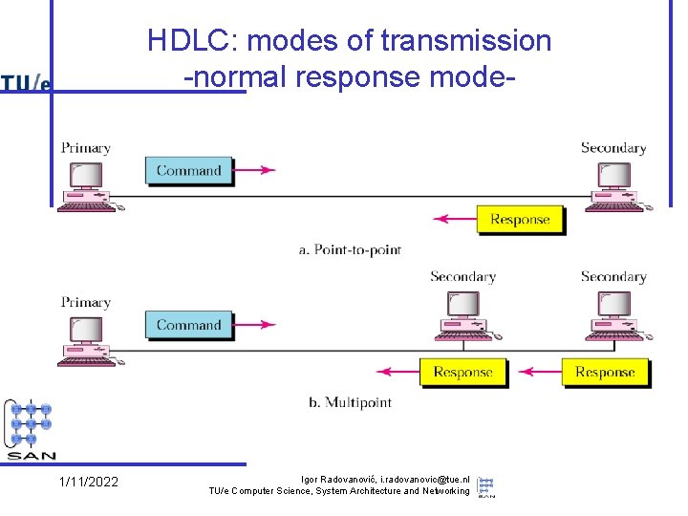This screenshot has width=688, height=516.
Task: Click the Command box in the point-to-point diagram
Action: pyautogui.click(x=188, y=171)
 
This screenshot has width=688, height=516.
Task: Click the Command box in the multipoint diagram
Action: pyautogui.click(x=188, y=325)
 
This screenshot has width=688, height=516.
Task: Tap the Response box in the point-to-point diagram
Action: pyautogui.click(x=520, y=220)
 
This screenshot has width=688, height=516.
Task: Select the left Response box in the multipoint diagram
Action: pyautogui.click(x=462, y=373)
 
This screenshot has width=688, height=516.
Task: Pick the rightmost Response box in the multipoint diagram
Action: pyautogui.click(x=605, y=373)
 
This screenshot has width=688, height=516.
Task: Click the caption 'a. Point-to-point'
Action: pyautogui.click(x=350, y=249)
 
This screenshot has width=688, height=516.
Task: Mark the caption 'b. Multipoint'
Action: pyautogui.click(x=350, y=402)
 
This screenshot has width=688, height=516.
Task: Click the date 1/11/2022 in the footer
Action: pyautogui.click(x=89, y=482)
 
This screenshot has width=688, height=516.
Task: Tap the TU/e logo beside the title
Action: pyautogui.click(x=26, y=83)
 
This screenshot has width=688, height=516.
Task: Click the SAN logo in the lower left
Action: pyautogui.click(x=31, y=430)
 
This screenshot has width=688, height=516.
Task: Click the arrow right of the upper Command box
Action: pyautogui.click(x=254, y=171)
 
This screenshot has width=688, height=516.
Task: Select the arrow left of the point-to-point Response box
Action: pyautogui.click(x=454, y=220)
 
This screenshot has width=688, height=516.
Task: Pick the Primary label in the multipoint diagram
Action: pyautogui.click(x=86, y=302)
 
